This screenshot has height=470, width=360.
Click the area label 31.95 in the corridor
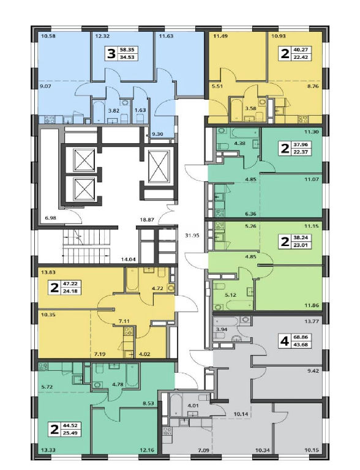pyautogui.click(x=192, y=235)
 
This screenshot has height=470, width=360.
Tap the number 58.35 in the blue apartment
pyautogui.click(x=127, y=50)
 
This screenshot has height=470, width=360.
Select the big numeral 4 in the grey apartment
pyautogui.click(x=284, y=341)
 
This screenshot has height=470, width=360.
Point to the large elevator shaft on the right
pyautogui.click(x=159, y=166)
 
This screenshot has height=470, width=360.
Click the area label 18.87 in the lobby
pyautogui.click(x=147, y=220)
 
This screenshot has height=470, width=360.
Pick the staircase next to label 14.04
pyautogui.click(x=87, y=245)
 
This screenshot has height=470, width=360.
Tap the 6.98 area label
pyautogui.click(x=51, y=218)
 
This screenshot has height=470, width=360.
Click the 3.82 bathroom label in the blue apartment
pyautogui.click(x=114, y=110)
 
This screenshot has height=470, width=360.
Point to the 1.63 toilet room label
pyautogui.click(x=140, y=110)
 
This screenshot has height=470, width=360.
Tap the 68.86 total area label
pyautogui.click(x=301, y=337)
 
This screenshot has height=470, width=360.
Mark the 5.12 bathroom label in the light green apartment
pyautogui.click(x=230, y=294)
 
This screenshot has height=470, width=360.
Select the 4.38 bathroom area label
pyautogui.click(x=240, y=143)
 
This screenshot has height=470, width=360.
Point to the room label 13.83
pyautogui.click(x=45, y=272)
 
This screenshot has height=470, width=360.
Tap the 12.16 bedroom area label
pyautogui.click(x=147, y=450)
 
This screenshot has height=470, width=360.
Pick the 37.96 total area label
pyautogui.click(x=301, y=144)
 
